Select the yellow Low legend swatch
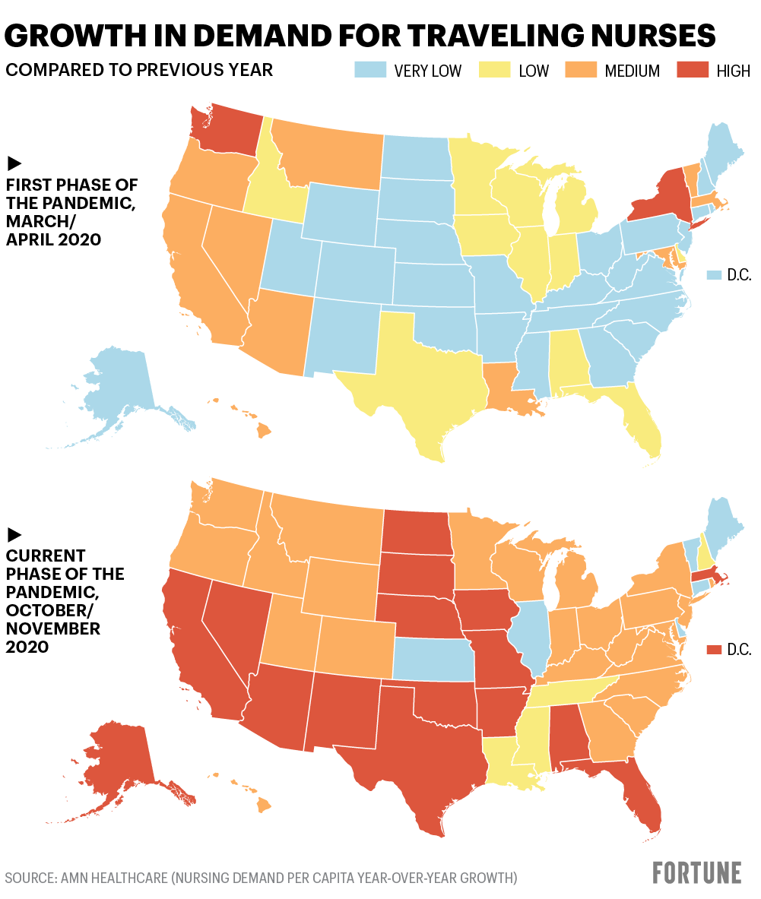(x=494, y=71)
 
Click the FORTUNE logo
(x=697, y=873)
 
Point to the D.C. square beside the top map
(x=714, y=275)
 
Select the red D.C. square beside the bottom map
(x=714, y=650)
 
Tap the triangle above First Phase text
(x=14, y=163)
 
